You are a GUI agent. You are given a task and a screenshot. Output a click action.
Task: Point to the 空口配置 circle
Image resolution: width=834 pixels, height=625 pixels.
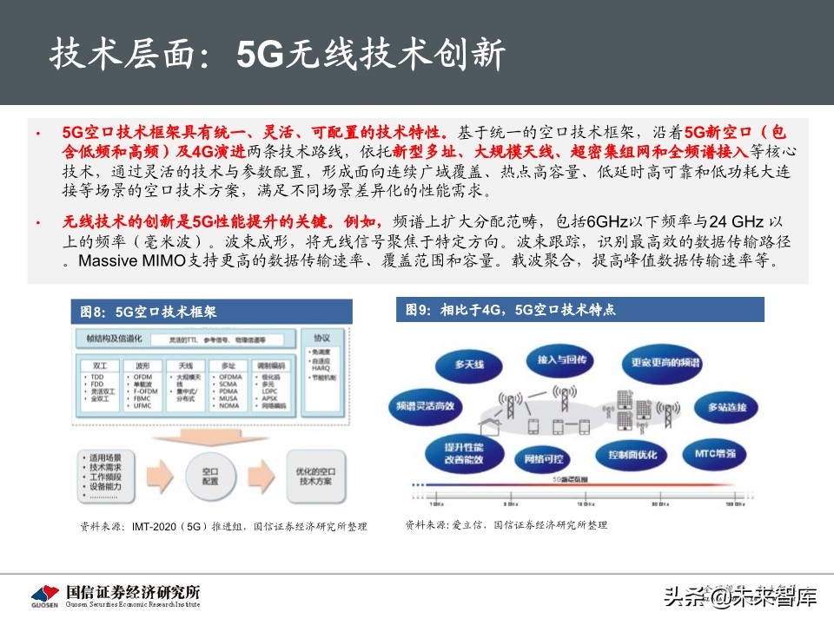tap(210, 474)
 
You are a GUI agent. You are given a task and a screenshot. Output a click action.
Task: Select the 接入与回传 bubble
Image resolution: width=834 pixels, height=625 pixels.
tap(563, 359)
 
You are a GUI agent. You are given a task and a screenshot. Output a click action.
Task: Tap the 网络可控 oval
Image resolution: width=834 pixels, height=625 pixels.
tap(537, 457)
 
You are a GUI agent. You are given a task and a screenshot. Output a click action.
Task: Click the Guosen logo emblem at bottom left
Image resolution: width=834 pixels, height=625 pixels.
tap(44, 594)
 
